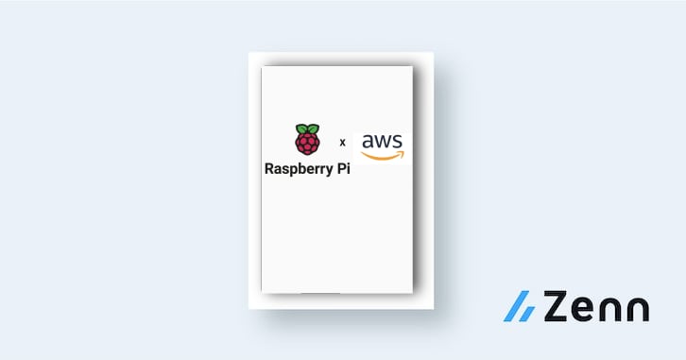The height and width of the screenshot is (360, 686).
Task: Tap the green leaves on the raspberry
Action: [x=306, y=129]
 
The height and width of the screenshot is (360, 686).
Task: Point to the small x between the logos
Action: [x=342, y=143]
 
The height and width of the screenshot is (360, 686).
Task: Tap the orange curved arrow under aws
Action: [x=383, y=155]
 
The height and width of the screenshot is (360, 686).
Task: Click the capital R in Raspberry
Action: [x=270, y=171]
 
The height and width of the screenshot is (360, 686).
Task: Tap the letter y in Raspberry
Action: [x=319, y=174]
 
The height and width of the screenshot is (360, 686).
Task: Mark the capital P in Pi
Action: [x=334, y=171]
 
